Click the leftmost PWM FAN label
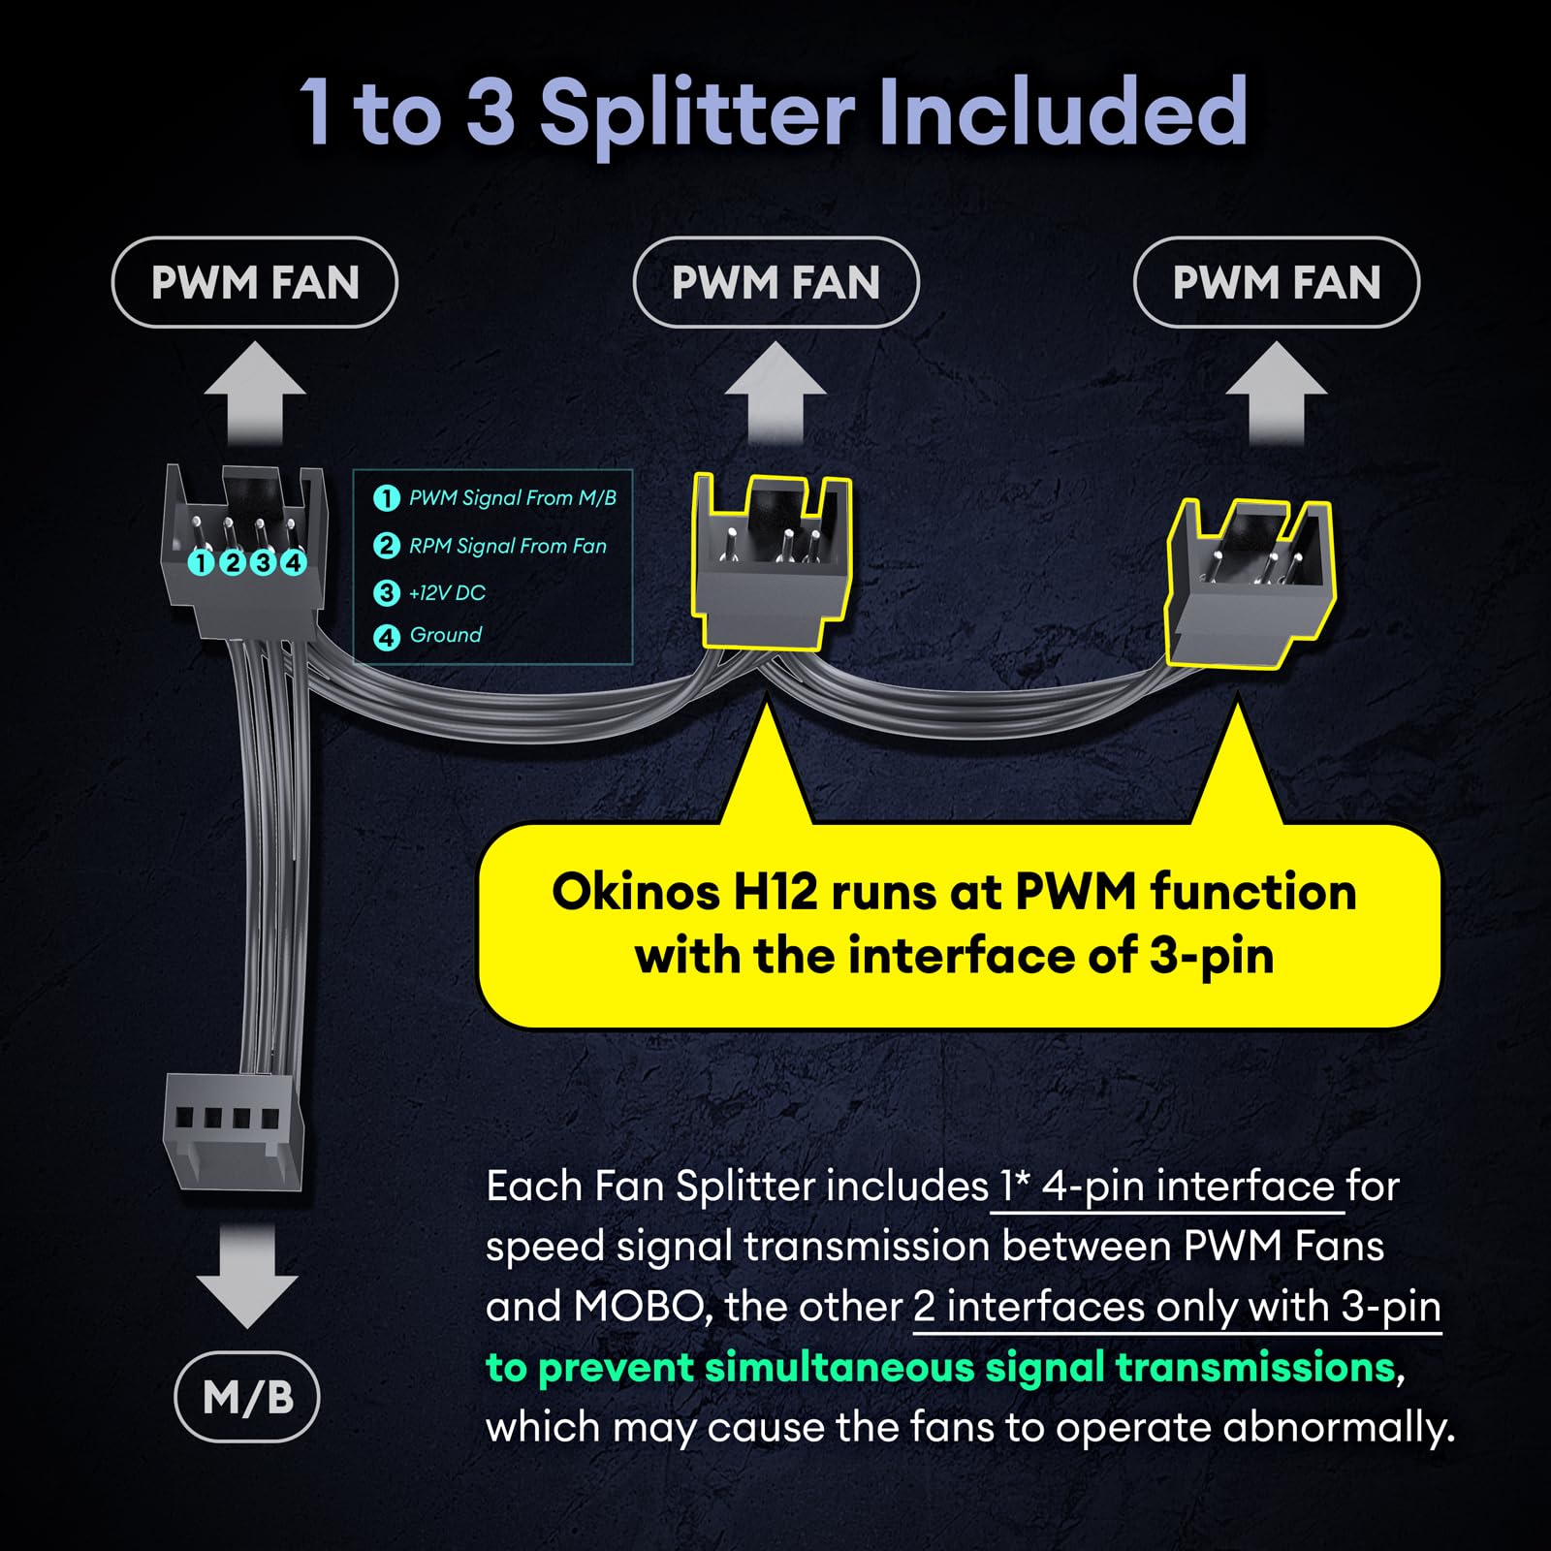point(255,282)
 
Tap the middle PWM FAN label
point(775,282)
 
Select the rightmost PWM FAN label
point(1277,282)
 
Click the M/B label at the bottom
point(247,1397)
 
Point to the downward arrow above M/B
point(247,1276)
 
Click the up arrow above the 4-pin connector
point(255,392)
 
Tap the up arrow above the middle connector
point(775,392)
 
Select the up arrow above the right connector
point(1277,392)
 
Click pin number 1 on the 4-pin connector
point(201,562)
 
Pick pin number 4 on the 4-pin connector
point(293,562)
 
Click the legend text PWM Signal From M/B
point(512,498)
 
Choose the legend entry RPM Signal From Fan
point(507,546)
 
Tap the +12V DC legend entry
point(447,592)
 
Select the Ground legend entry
point(445,635)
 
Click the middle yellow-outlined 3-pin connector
point(771,560)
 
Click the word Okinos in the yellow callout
point(635,893)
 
